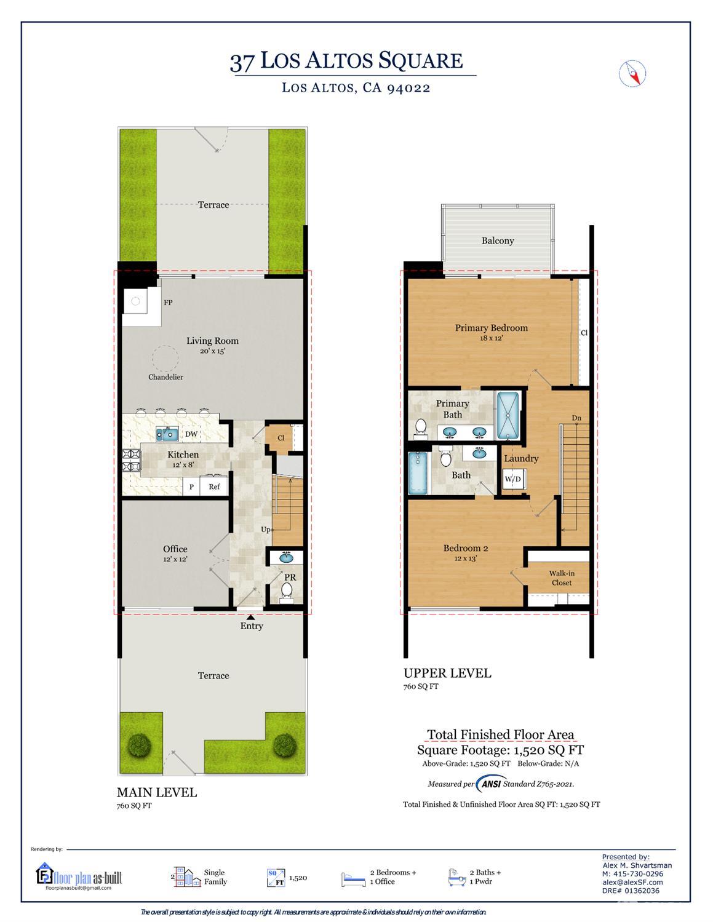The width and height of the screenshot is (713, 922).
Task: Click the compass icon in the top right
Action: (632, 74)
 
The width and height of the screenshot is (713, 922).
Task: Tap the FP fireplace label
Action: (168, 303)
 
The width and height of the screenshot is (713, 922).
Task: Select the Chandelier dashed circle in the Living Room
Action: (165, 359)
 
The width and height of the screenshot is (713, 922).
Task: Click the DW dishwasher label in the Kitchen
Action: (191, 434)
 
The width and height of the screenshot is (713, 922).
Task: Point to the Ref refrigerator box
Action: (214, 487)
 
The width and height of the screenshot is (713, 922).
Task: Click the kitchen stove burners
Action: (132, 460)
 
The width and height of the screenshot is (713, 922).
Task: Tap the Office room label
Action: (175, 549)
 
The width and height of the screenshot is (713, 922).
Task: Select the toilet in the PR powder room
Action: (286, 592)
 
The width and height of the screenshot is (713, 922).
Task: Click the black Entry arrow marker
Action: (250, 616)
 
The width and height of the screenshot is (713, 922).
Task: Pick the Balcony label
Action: (498, 240)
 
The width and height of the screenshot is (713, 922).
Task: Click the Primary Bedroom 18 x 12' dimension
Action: (492, 338)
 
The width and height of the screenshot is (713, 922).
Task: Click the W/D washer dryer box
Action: (513, 479)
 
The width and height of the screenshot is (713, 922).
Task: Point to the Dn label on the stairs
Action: (576, 418)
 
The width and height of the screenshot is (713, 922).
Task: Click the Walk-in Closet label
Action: (562, 578)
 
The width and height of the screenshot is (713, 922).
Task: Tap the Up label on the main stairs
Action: (266, 530)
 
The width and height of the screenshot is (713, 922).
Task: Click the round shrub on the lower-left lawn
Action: (140, 745)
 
